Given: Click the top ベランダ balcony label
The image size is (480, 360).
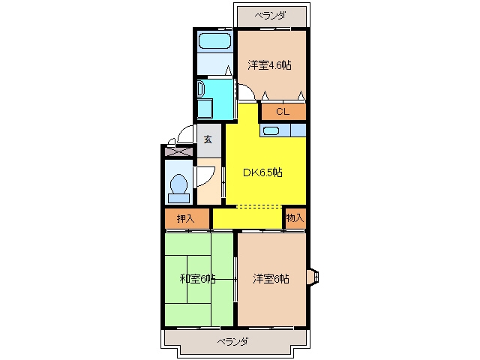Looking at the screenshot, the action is [x=271, y=15].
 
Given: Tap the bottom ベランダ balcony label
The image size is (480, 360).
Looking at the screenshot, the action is [x=233, y=342].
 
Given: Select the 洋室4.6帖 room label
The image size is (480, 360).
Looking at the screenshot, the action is [x=269, y=65].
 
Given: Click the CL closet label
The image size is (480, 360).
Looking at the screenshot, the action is [x=283, y=112].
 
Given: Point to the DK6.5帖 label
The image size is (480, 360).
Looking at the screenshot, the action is [x=262, y=172].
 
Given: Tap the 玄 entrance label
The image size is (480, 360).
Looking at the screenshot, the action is [x=208, y=139].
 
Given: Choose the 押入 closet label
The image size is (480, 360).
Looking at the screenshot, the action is [x=185, y=218].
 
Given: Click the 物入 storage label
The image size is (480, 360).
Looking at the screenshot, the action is [x=295, y=218].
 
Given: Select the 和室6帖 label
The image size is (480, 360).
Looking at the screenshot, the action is [x=198, y=279].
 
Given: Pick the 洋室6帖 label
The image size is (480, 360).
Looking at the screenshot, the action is [x=271, y=279].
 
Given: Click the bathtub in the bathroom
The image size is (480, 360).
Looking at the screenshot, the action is [x=214, y=40].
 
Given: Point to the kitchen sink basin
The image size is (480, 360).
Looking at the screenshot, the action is [x=271, y=131].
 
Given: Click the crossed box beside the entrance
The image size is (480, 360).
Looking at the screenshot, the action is [x=178, y=151].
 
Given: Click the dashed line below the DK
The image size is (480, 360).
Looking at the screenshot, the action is [x=259, y=207].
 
